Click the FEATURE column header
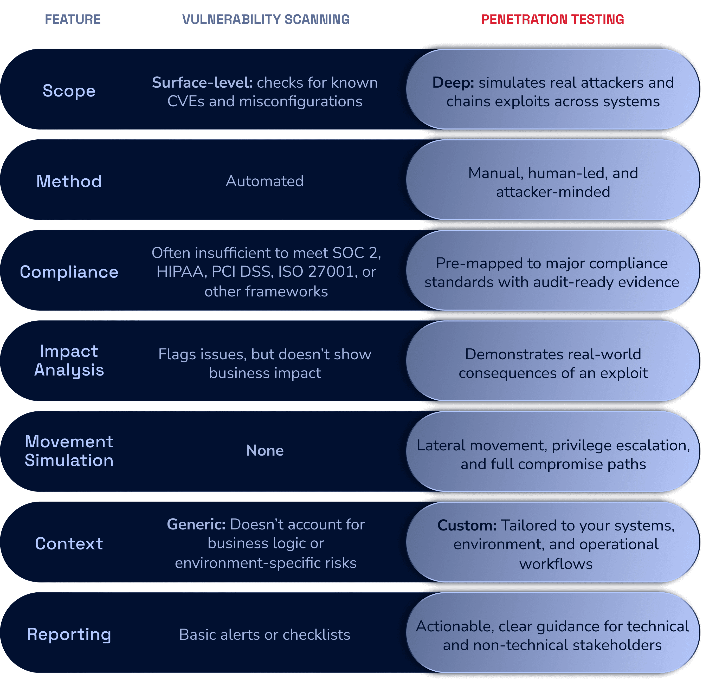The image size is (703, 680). coord(73,19)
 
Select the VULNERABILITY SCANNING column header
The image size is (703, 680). coord(266,19)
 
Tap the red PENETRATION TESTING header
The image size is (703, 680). coord(552,19)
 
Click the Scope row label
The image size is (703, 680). coord(69,90)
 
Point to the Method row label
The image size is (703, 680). coord(69,181)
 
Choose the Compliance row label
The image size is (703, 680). coord(69,272)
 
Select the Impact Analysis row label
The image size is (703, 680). coord(69,360)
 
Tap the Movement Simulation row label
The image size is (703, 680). coord(69,451)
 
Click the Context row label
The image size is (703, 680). coord(69,544)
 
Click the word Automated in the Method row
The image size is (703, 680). coord(265,181)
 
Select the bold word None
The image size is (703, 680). coord(265,450)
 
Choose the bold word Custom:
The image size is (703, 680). coord(467,526)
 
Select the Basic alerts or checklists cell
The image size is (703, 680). coord(265,634)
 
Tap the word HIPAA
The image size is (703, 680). coord(181,272)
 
